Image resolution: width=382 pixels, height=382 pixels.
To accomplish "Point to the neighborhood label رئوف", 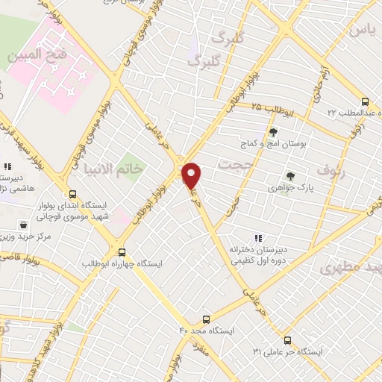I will pos(332,169).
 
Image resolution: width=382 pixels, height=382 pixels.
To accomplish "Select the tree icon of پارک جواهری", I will pos(290,176).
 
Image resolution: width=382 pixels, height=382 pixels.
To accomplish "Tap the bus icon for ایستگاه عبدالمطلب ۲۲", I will pos(364,101).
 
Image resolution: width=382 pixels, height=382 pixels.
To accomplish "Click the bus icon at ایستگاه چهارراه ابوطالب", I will pos(122,253).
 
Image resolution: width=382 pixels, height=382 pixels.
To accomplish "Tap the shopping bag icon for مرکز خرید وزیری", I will pos(24,224).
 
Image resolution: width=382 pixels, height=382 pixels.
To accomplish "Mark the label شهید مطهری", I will pos(351,266).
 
